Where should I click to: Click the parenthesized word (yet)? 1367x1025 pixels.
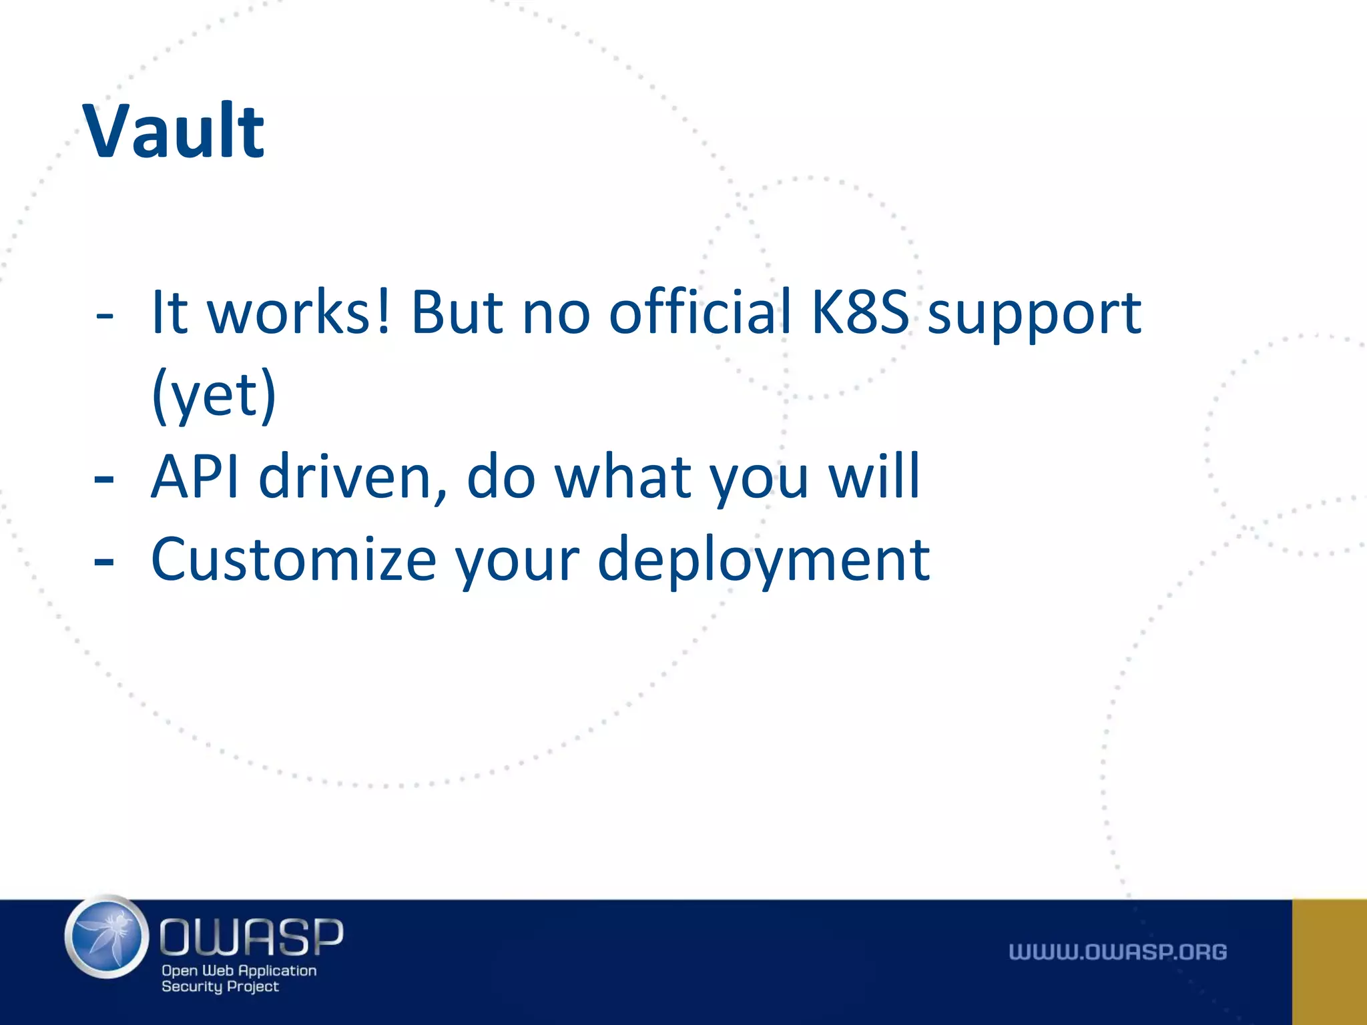(x=214, y=396)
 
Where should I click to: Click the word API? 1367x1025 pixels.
(x=195, y=476)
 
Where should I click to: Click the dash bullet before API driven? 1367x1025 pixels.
(x=104, y=479)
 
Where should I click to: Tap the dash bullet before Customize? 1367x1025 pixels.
(x=104, y=562)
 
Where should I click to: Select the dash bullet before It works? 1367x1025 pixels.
(x=104, y=314)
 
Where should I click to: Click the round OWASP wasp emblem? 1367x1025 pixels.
(x=107, y=937)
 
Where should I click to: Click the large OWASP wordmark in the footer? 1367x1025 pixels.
(x=251, y=937)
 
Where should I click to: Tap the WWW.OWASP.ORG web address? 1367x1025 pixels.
(x=1117, y=952)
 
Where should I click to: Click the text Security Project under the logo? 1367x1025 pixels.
(x=220, y=987)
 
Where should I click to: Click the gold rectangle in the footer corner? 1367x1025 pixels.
(x=1329, y=962)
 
